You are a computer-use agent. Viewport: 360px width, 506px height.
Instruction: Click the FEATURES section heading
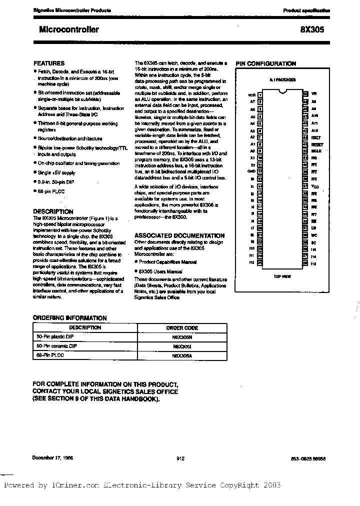point(48,63)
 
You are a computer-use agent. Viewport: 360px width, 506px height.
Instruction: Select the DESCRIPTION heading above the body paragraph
point(53,211)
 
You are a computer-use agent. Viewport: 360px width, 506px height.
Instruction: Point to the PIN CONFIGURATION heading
point(265,64)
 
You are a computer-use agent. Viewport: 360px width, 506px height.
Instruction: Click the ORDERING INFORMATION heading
point(69,317)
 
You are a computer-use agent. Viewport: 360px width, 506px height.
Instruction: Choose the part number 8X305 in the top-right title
point(313,29)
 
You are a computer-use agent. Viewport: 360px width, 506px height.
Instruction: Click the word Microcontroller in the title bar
point(68,29)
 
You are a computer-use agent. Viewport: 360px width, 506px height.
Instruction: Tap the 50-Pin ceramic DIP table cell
point(56,346)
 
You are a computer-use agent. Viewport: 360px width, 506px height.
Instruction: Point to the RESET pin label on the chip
point(316,144)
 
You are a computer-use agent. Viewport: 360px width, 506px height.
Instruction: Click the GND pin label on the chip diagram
point(251,171)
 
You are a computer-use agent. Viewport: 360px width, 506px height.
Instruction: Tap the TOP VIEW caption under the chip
point(282,276)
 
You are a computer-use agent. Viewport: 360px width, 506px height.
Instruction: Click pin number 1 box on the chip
point(260,94)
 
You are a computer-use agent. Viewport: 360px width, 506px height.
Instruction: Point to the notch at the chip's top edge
point(283,91)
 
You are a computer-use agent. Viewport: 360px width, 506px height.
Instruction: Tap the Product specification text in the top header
point(306,10)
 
